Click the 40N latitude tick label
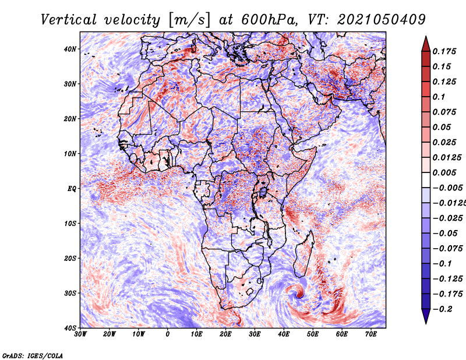pos(70,49)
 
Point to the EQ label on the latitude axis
pos(72,189)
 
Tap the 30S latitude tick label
pos(70,294)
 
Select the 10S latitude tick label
pos(70,224)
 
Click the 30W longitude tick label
pos(80,334)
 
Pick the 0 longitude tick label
pos(168,334)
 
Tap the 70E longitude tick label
pos(371,334)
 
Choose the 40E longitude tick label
pos(284,334)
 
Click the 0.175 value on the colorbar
pos(444,51)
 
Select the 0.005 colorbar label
pos(444,172)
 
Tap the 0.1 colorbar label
pos(439,97)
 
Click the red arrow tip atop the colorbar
pos(426,37)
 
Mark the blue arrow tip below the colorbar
pos(426,323)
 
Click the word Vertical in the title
pos(68,20)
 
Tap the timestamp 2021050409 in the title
pos(382,20)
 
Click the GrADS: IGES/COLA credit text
pos(33,356)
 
